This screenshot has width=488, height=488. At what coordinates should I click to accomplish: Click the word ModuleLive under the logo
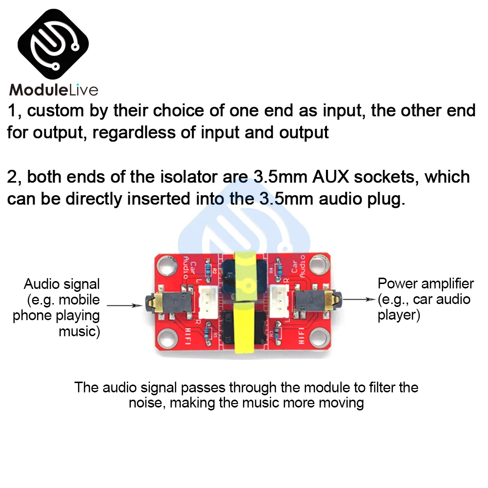[54, 90]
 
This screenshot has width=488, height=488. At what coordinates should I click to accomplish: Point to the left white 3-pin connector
[205, 298]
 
